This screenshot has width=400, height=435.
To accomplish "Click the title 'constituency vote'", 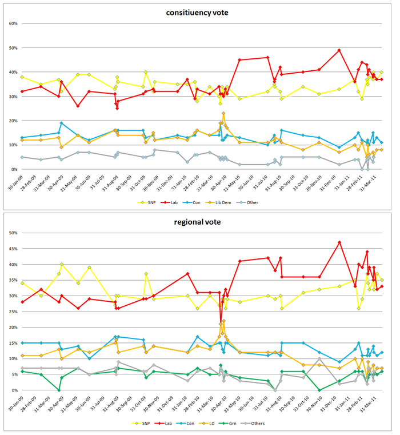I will click(199, 12).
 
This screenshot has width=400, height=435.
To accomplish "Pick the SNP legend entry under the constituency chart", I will click(147, 202).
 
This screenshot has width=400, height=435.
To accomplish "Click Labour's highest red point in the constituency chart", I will click(339, 50).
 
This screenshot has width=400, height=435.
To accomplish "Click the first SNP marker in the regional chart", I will click(22, 283).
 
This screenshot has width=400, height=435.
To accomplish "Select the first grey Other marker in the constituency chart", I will click(22, 157).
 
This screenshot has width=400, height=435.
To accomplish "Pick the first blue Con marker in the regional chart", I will click(22, 343).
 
